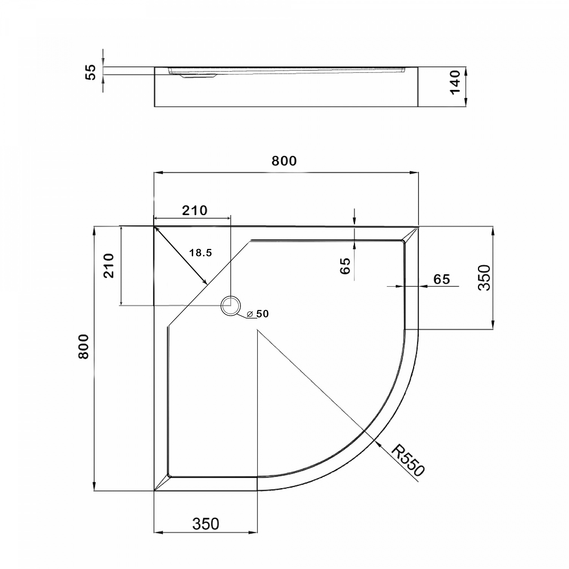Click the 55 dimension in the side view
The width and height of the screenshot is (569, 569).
[91, 72]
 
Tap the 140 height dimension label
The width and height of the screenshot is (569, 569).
[454, 82]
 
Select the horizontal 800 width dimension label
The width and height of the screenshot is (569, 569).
[284, 161]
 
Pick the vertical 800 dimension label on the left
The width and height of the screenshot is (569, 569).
[83, 346]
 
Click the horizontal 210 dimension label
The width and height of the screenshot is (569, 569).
[195, 210]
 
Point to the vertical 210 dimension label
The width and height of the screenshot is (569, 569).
[109, 266]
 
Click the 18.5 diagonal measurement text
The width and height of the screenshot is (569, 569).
[201, 253]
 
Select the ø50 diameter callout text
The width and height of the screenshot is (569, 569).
[258, 314]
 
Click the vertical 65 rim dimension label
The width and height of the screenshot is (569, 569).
[346, 266]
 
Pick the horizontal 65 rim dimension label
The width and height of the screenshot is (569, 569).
[442, 279]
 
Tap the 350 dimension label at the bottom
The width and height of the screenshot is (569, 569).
[206, 524]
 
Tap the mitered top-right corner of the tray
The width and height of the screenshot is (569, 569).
[410, 234]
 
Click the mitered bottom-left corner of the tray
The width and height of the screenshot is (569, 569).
[162, 483]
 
